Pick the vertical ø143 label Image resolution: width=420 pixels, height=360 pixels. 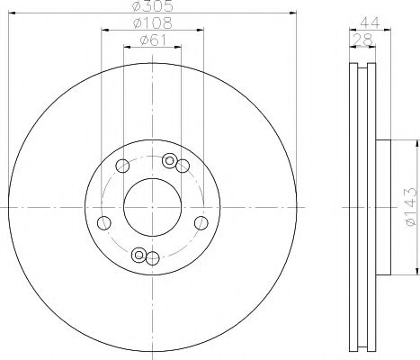409,206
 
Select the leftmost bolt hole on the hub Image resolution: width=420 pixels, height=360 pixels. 103,224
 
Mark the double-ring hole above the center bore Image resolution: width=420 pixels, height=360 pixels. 168,160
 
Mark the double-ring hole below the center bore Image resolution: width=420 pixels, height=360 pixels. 139,256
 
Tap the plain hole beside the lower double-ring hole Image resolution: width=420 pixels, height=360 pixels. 153,259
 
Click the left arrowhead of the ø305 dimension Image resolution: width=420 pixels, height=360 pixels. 12,13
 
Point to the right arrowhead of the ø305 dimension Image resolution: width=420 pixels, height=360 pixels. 291,13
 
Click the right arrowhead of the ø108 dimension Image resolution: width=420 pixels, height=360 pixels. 200,31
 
